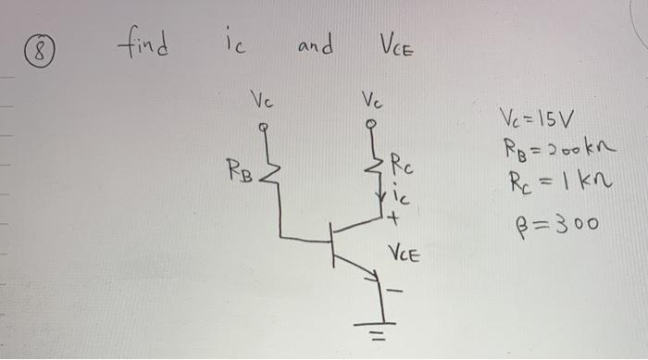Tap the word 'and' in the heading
pos(315,44)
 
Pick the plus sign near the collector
pos(394,220)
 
